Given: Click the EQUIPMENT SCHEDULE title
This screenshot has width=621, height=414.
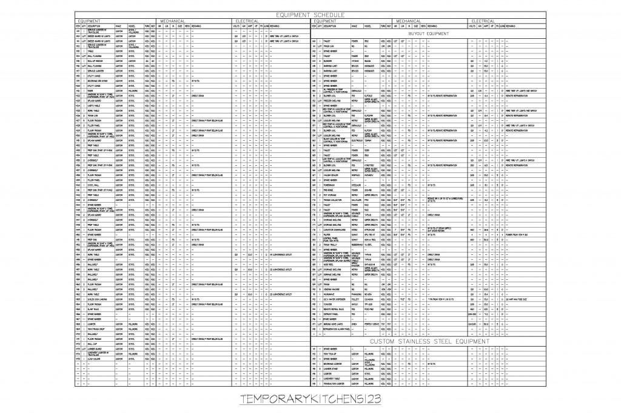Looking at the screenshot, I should click(x=310, y=13).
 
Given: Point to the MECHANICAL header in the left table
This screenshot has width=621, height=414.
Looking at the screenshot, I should click(x=172, y=20).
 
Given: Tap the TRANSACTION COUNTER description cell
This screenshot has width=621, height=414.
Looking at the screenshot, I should click(x=337, y=384).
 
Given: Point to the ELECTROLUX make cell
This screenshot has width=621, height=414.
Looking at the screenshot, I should click(x=357, y=139).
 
